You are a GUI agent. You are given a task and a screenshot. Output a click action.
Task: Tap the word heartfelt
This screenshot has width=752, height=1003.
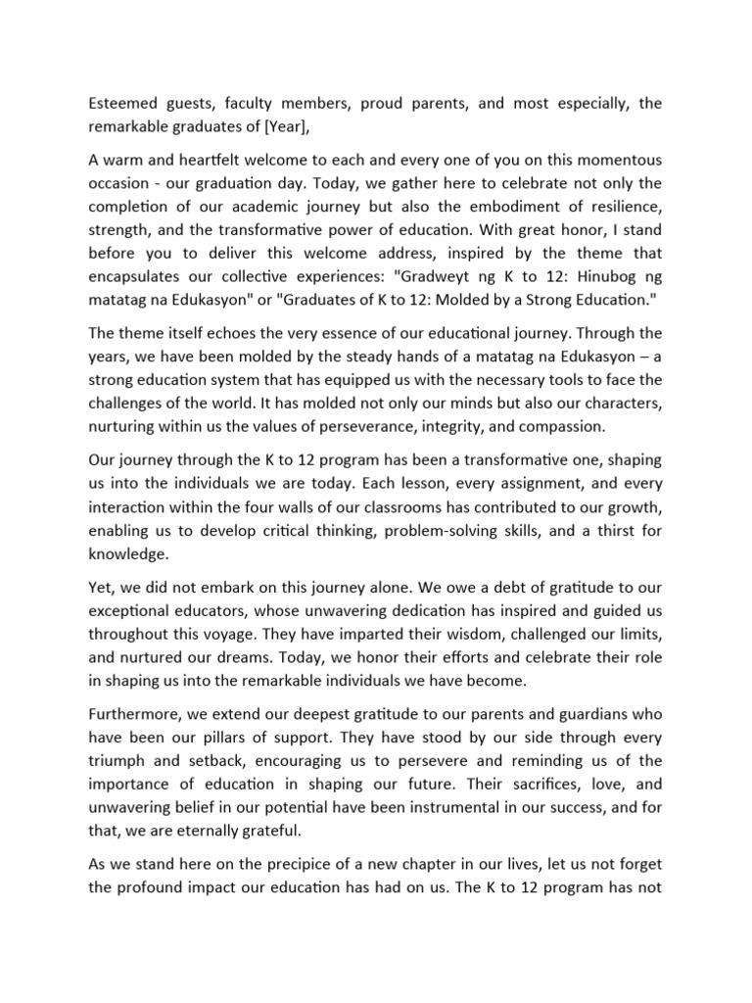(x=197, y=161)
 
